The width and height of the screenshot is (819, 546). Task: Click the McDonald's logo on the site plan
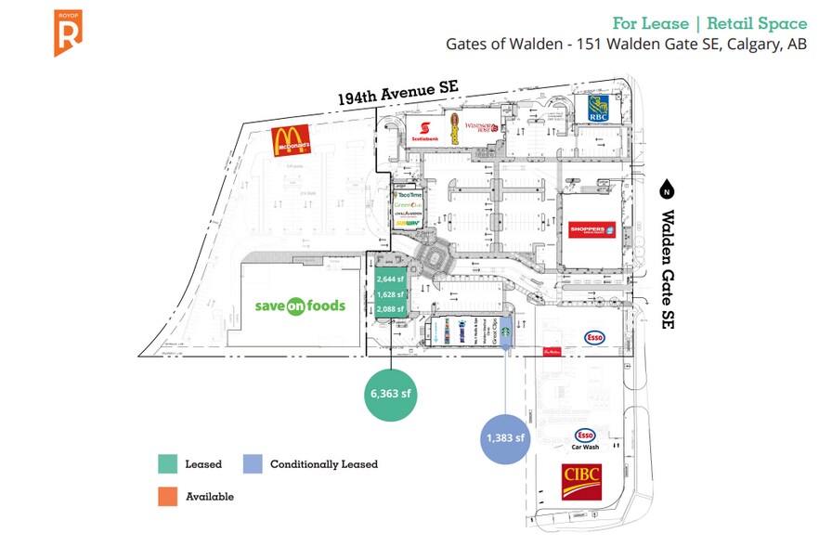[x=291, y=141]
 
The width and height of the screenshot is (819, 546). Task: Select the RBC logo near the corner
[x=597, y=110]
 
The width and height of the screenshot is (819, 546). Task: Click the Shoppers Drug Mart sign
[x=591, y=229]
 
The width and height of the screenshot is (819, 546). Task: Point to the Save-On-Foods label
[x=300, y=305]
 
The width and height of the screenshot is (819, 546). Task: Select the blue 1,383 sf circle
[x=506, y=437]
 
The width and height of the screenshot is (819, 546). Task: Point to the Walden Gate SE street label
[x=668, y=268]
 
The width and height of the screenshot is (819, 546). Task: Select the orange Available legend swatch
[x=167, y=497]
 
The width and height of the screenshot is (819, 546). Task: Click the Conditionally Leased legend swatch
[x=252, y=463]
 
